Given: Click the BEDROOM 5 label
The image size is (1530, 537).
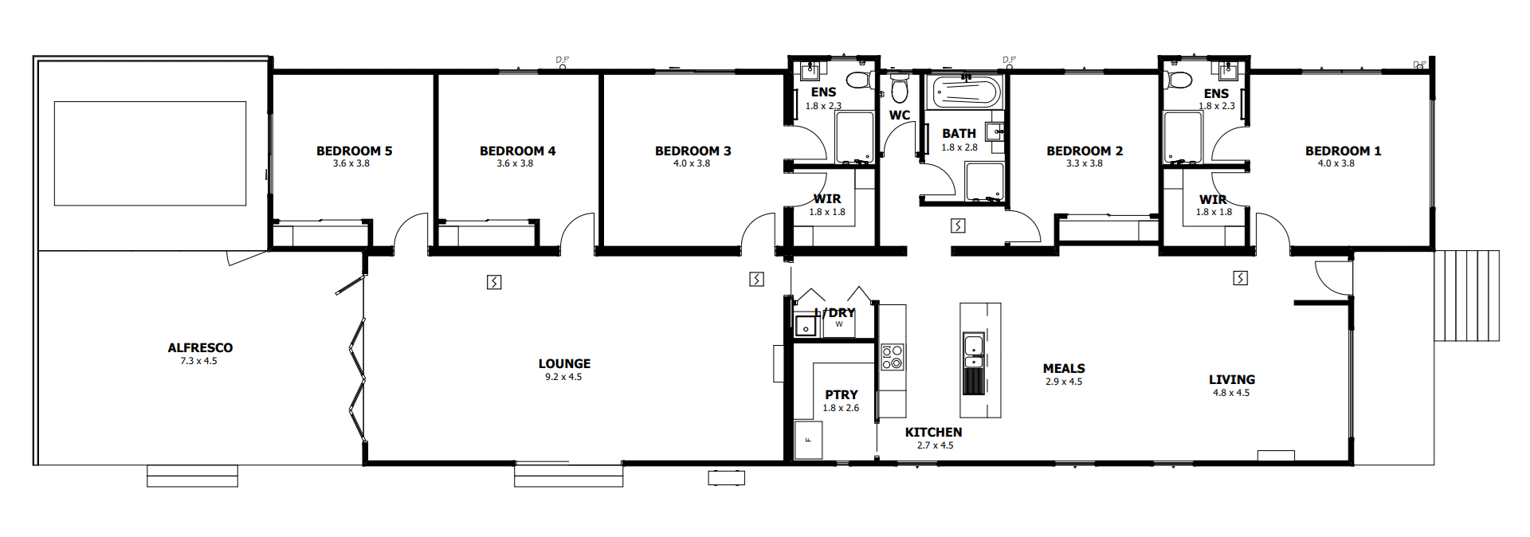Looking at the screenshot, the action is [354, 151].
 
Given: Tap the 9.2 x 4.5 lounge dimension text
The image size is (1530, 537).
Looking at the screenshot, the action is [563, 377].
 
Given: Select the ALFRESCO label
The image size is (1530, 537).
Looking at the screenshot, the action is [200, 347].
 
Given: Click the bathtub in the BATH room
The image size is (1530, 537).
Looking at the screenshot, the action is [966, 92].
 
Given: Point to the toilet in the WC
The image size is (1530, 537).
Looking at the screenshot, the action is [900, 88].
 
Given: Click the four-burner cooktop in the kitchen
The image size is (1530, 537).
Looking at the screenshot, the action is [892, 357].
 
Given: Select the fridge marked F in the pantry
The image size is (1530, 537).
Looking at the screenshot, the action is [808, 440].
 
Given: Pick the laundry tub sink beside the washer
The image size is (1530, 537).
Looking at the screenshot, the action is [806, 327].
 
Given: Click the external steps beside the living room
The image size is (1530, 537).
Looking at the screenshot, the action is [1466, 296].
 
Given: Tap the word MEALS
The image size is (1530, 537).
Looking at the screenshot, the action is [1064, 368].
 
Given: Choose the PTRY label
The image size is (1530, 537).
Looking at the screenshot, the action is [841, 394].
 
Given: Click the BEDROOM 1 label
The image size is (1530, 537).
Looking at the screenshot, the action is [1343, 151].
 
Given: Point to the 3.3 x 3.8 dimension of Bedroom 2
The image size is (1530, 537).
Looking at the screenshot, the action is [1085, 163].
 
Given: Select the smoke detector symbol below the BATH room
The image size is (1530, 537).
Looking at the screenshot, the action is [958, 226].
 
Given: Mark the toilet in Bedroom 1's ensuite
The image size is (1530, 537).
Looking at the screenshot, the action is [1178, 80].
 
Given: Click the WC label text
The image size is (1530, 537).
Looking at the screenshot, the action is [900, 115].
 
